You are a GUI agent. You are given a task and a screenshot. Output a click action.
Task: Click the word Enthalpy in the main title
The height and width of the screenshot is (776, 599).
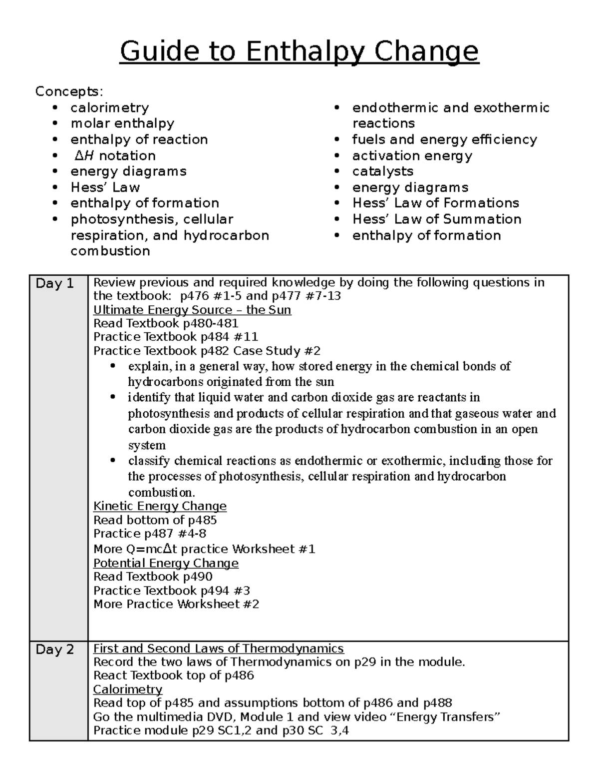[x=305, y=51]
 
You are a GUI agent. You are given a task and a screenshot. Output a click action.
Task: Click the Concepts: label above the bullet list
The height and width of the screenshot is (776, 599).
[x=69, y=91]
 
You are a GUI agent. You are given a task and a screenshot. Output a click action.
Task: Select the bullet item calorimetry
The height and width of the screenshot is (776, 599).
[x=109, y=107]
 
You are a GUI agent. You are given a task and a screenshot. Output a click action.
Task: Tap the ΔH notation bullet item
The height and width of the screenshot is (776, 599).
[x=114, y=155]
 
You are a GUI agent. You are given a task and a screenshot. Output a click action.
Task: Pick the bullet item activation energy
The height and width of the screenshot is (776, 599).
[x=412, y=155]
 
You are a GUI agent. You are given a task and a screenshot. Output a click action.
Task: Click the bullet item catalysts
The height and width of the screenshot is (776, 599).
[x=382, y=171]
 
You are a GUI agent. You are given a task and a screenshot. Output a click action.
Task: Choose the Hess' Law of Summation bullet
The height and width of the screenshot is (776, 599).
[x=436, y=219]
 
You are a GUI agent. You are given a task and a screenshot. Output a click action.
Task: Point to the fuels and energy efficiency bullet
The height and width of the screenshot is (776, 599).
[x=444, y=139]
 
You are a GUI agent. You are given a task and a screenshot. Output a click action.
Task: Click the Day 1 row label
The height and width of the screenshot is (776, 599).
[x=55, y=284]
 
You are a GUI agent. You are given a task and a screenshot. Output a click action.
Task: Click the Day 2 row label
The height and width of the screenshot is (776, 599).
[x=55, y=650]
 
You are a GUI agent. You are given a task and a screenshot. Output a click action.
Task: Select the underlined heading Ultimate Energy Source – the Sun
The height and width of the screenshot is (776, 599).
[x=192, y=310]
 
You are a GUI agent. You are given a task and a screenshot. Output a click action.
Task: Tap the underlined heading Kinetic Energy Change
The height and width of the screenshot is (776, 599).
[x=160, y=506]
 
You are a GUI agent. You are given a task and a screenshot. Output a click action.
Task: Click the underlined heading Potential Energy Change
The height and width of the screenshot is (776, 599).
[x=166, y=563]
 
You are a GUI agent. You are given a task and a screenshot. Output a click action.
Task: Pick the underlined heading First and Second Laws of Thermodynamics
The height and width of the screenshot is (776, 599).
[x=219, y=649]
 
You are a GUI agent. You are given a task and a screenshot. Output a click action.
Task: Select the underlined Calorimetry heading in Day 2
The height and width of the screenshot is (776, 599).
[x=128, y=690]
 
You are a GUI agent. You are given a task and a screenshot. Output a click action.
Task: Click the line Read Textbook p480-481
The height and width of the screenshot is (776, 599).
[x=166, y=323]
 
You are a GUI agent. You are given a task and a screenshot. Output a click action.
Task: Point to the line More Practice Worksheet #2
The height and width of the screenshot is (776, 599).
[x=176, y=604]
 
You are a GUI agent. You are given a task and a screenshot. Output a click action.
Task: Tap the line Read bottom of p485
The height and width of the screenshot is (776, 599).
[x=155, y=520]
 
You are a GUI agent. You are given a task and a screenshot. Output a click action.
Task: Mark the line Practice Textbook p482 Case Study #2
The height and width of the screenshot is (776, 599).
[x=207, y=351]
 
